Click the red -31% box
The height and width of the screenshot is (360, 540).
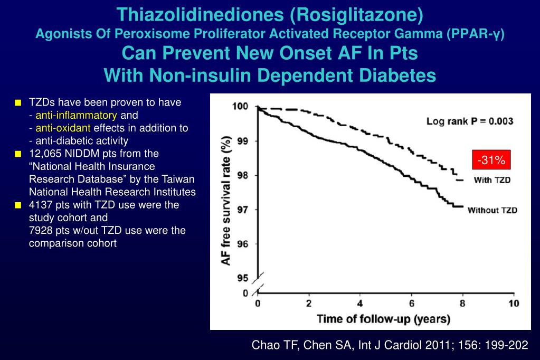(x=491, y=160)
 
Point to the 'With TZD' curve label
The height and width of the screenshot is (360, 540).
(x=492, y=180)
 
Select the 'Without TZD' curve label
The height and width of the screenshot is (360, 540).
(x=492, y=210)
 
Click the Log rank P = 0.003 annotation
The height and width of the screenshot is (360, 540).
(x=470, y=121)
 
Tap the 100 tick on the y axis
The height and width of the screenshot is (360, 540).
(x=240, y=107)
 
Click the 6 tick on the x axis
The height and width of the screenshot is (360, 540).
(x=412, y=304)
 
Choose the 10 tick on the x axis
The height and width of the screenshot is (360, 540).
(x=514, y=304)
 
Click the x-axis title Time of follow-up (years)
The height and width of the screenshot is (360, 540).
(x=383, y=319)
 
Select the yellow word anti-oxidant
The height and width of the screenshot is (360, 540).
(x=63, y=128)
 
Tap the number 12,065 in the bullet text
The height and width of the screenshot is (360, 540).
(x=45, y=154)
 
